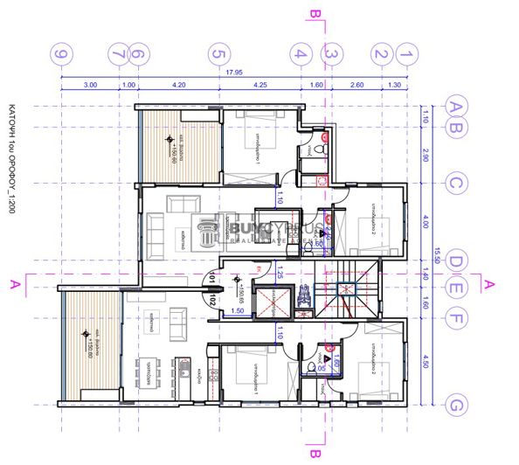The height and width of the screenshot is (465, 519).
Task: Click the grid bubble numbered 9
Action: click(x=61, y=54)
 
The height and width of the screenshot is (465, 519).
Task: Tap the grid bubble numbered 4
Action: click(x=301, y=54)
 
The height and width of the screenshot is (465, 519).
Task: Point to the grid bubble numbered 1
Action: click(x=405, y=54)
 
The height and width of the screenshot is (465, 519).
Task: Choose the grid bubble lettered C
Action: click(x=455, y=184)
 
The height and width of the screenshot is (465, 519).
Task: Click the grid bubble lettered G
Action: click(x=455, y=405)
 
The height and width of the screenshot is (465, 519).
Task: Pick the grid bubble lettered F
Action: click(x=455, y=306)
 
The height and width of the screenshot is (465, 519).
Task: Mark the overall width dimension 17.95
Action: click(x=234, y=73)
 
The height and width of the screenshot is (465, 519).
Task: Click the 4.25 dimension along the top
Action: click(x=259, y=87)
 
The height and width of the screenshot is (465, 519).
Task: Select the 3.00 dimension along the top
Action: click(x=89, y=87)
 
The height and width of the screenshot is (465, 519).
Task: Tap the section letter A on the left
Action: click(x=13, y=283)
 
